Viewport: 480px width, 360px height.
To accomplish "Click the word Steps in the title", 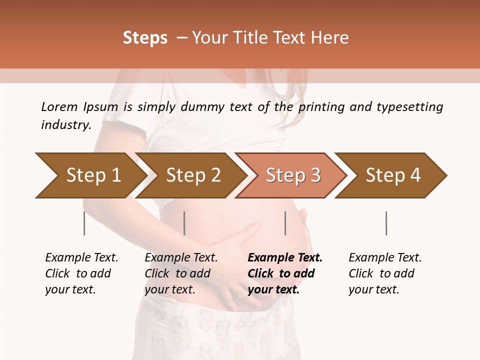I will click(x=145, y=38).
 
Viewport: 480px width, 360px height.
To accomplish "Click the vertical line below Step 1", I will click(x=84, y=223).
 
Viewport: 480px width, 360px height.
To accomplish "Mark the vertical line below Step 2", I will click(x=184, y=223).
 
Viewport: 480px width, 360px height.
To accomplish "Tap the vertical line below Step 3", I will click(x=285, y=223).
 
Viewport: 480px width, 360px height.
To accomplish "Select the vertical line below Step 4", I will click(x=386, y=223).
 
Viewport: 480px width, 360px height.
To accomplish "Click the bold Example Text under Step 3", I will click(x=285, y=258).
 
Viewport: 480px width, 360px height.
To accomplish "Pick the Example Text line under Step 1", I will click(x=81, y=258).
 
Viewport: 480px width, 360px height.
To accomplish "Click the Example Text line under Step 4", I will click(x=385, y=258).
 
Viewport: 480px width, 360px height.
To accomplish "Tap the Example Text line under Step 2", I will click(x=181, y=258).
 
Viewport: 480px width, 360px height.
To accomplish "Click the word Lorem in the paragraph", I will click(x=59, y=106).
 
